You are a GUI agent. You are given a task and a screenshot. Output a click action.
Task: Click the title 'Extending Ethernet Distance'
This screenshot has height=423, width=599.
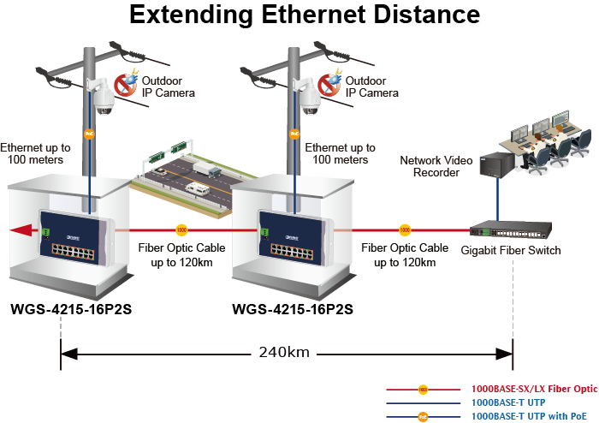304,15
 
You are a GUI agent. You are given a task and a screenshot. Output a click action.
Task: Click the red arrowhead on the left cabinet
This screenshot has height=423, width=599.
18,229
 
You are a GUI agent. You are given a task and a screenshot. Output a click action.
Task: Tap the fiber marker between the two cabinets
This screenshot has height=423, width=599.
181,229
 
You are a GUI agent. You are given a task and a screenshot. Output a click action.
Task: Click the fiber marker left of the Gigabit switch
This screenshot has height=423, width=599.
404,229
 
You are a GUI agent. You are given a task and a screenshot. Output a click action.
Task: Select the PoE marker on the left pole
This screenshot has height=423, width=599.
88,134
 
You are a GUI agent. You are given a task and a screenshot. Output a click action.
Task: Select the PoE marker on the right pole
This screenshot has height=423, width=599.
294,134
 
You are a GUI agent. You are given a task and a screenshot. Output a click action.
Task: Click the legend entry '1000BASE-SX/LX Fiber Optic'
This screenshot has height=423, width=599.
534,388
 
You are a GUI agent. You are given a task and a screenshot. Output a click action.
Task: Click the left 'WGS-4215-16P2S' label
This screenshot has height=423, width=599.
72,308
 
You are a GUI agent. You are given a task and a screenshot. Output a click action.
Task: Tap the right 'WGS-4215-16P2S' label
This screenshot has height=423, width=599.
293,308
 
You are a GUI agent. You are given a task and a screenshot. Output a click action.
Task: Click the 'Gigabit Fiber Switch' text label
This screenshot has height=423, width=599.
510,250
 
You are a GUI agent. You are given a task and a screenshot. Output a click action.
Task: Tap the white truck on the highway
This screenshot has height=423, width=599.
197,188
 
